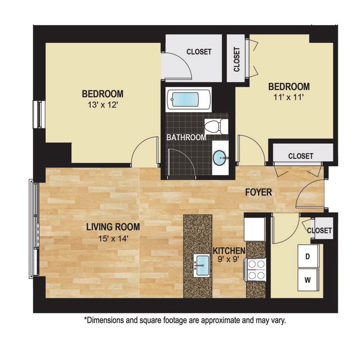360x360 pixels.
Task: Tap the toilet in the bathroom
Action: pyautogui.click(x=217, y=126)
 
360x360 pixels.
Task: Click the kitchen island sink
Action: pyautogui.click(x=200, y=265)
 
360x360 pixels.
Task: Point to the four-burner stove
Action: pyautogui.click(x=256, y=270)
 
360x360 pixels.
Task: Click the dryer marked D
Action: pyautogui.click(x=307, y=256)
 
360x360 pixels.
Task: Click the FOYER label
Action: pyautogui.click(x=258, y=192)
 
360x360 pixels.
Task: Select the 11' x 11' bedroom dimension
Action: pyautogui.click(x=289, y=97)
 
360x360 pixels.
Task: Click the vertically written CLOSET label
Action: pyautogui.click(x=237, y=59)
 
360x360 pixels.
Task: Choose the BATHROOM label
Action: pyautogui.click(x=186, y=138)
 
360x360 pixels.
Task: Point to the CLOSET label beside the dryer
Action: pyautogui.click(x=319, y=231)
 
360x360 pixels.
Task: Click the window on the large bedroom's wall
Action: pyautogui.click(x=39, y=114)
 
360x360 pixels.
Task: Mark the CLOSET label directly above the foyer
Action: pyautogui.click(x=300, y=156)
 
